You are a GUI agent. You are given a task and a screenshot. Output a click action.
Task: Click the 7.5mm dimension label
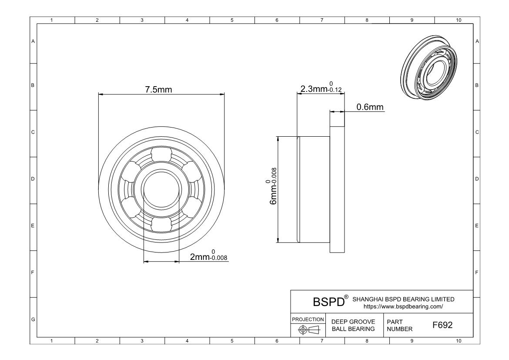158,90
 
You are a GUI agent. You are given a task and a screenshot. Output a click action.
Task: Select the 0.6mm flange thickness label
370,107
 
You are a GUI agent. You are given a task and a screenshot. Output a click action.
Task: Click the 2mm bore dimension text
208,256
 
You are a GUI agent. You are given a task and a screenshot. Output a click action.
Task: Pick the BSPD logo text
328,302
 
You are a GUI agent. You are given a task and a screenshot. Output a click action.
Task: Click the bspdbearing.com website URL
403,306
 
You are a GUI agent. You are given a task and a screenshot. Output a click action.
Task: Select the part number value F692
442,325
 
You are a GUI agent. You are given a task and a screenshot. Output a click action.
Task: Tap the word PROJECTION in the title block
308,320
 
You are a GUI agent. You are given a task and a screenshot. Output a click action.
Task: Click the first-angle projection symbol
309,330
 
